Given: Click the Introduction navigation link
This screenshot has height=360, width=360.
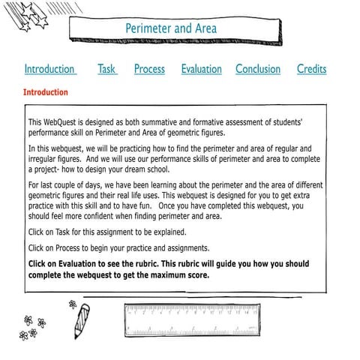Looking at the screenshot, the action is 49,69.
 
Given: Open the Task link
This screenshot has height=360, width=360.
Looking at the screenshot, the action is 106,69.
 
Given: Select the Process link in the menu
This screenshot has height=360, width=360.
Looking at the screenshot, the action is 149,69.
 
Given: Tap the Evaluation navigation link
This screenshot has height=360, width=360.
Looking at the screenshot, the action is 201,69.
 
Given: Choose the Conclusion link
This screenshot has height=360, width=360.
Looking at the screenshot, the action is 258,69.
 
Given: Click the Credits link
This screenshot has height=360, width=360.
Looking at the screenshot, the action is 311,69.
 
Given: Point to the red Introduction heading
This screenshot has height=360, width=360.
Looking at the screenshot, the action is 46,93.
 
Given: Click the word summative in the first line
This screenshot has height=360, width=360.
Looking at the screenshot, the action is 179,121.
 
